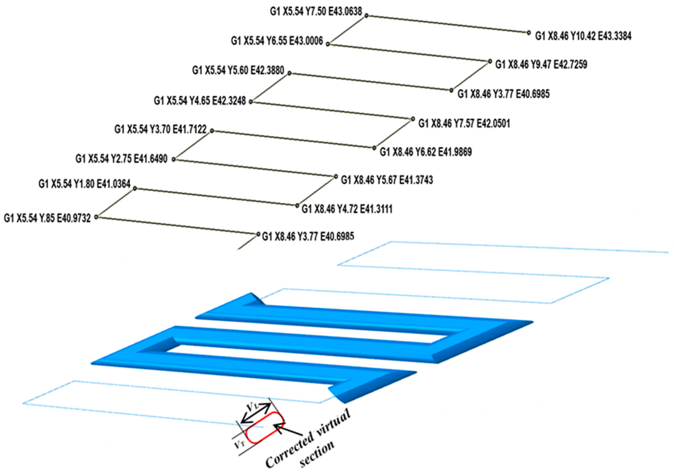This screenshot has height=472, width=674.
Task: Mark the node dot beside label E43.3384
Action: [529, 33]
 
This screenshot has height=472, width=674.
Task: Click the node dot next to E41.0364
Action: [135, 188]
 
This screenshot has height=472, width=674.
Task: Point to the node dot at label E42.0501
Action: [413, 119]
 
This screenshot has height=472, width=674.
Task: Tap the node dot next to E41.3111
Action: [297, 206]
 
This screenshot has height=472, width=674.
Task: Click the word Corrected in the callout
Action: [289, 451]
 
